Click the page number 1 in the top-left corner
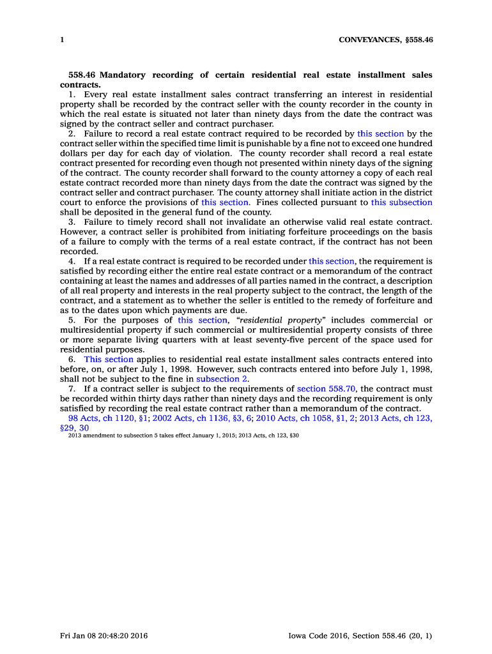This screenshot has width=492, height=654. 62,40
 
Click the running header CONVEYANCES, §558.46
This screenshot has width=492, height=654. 385,40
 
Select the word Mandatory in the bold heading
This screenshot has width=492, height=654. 123,75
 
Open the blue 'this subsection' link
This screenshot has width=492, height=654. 401,202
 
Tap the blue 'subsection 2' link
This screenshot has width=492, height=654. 222,379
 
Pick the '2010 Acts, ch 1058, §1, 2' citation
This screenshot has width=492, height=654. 305,418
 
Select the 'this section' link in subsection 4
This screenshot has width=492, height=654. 331,261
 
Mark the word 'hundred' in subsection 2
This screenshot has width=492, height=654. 415,144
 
